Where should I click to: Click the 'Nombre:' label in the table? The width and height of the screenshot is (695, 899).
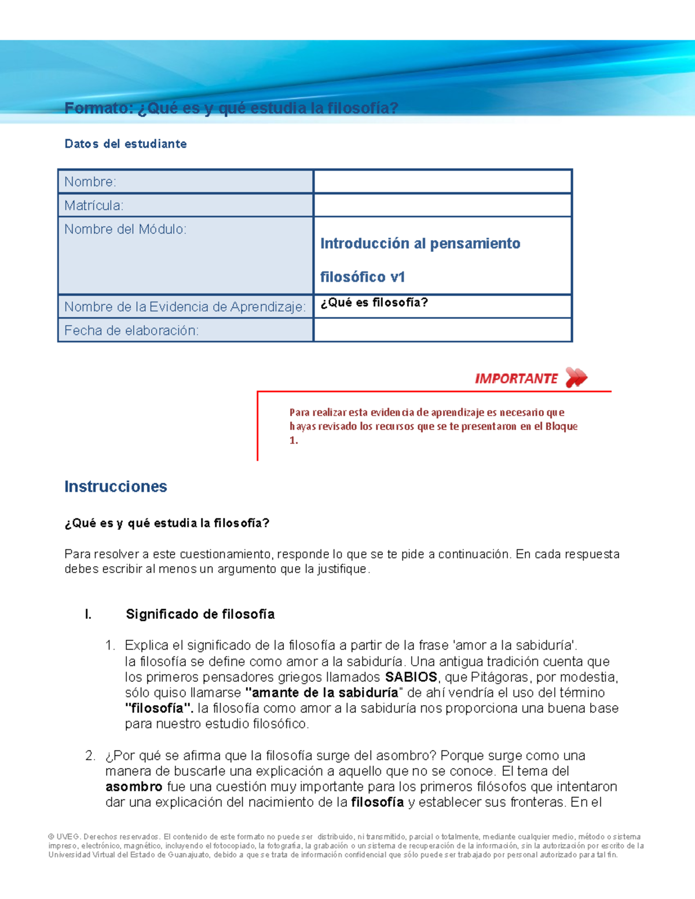(90, 182)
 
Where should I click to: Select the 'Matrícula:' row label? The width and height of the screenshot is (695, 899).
(94, 206)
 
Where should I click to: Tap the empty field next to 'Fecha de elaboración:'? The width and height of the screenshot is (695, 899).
(442, 330)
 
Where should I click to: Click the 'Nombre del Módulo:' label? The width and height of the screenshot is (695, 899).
(125, 229)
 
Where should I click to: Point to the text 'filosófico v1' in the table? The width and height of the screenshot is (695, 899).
(363, 277)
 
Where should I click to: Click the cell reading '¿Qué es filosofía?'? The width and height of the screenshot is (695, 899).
(374, 303)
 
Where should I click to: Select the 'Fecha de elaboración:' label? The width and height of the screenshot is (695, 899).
(131, 331)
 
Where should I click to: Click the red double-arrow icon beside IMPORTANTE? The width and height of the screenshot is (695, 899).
(576, 377)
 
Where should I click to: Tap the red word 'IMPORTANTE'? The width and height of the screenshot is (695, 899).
(516, 379)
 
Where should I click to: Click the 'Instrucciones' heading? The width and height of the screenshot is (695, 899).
(116, 486)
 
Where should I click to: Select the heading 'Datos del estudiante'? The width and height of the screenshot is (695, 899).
(126, 144)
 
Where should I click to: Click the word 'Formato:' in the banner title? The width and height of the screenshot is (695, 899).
(98, 108)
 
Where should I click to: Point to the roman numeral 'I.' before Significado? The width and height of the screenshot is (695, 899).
(88, 614)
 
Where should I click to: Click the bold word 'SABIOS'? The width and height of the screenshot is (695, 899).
(411, 677)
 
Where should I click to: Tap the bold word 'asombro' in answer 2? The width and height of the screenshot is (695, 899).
(134, 787)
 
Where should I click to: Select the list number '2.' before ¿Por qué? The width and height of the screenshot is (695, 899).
(90, 755)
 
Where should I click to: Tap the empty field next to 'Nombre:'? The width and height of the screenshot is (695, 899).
(442, 181)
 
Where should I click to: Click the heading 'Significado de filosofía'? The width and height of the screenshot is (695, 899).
(200, 614)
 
